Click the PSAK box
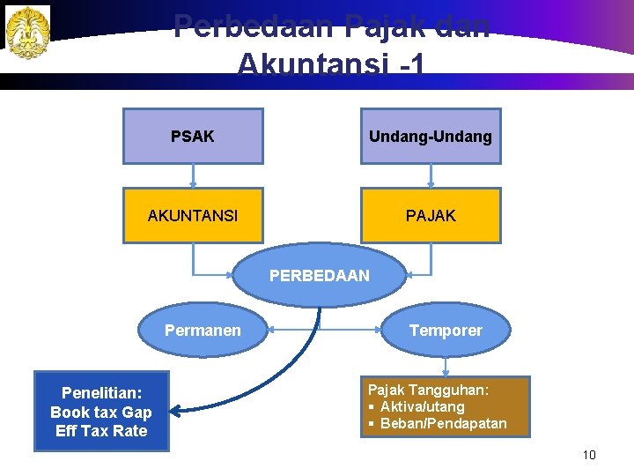pyautogui.click(x=193, y=137)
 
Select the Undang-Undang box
pyautogui.click(x=431, y=137)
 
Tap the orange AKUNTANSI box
pyautogui.click(x=193, y=215)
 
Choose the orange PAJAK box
pyautogui.click(x=431, y=215)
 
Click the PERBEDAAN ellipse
pyautogui.click(x=320, y=276)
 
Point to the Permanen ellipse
pyautogui.click(x=203, y=331)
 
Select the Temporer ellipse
pyautogui.click(x=446, y=331)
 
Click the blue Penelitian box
pyautogui.click(x=101, y=412)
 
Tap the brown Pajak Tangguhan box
pyautogui.click(x=445, y=406)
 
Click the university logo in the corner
pyautogui.click(x=27, y=33)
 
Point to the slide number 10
pyautogui.click(x=589, y=455)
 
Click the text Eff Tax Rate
pyautogui.click(x=101, y=431)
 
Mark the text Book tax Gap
pyautogui.click(x=101, y=413)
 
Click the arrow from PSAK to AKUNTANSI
pyautogui.click(x=193, y=175)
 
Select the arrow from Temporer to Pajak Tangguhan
pyautogui.click(x=446, y=363)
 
